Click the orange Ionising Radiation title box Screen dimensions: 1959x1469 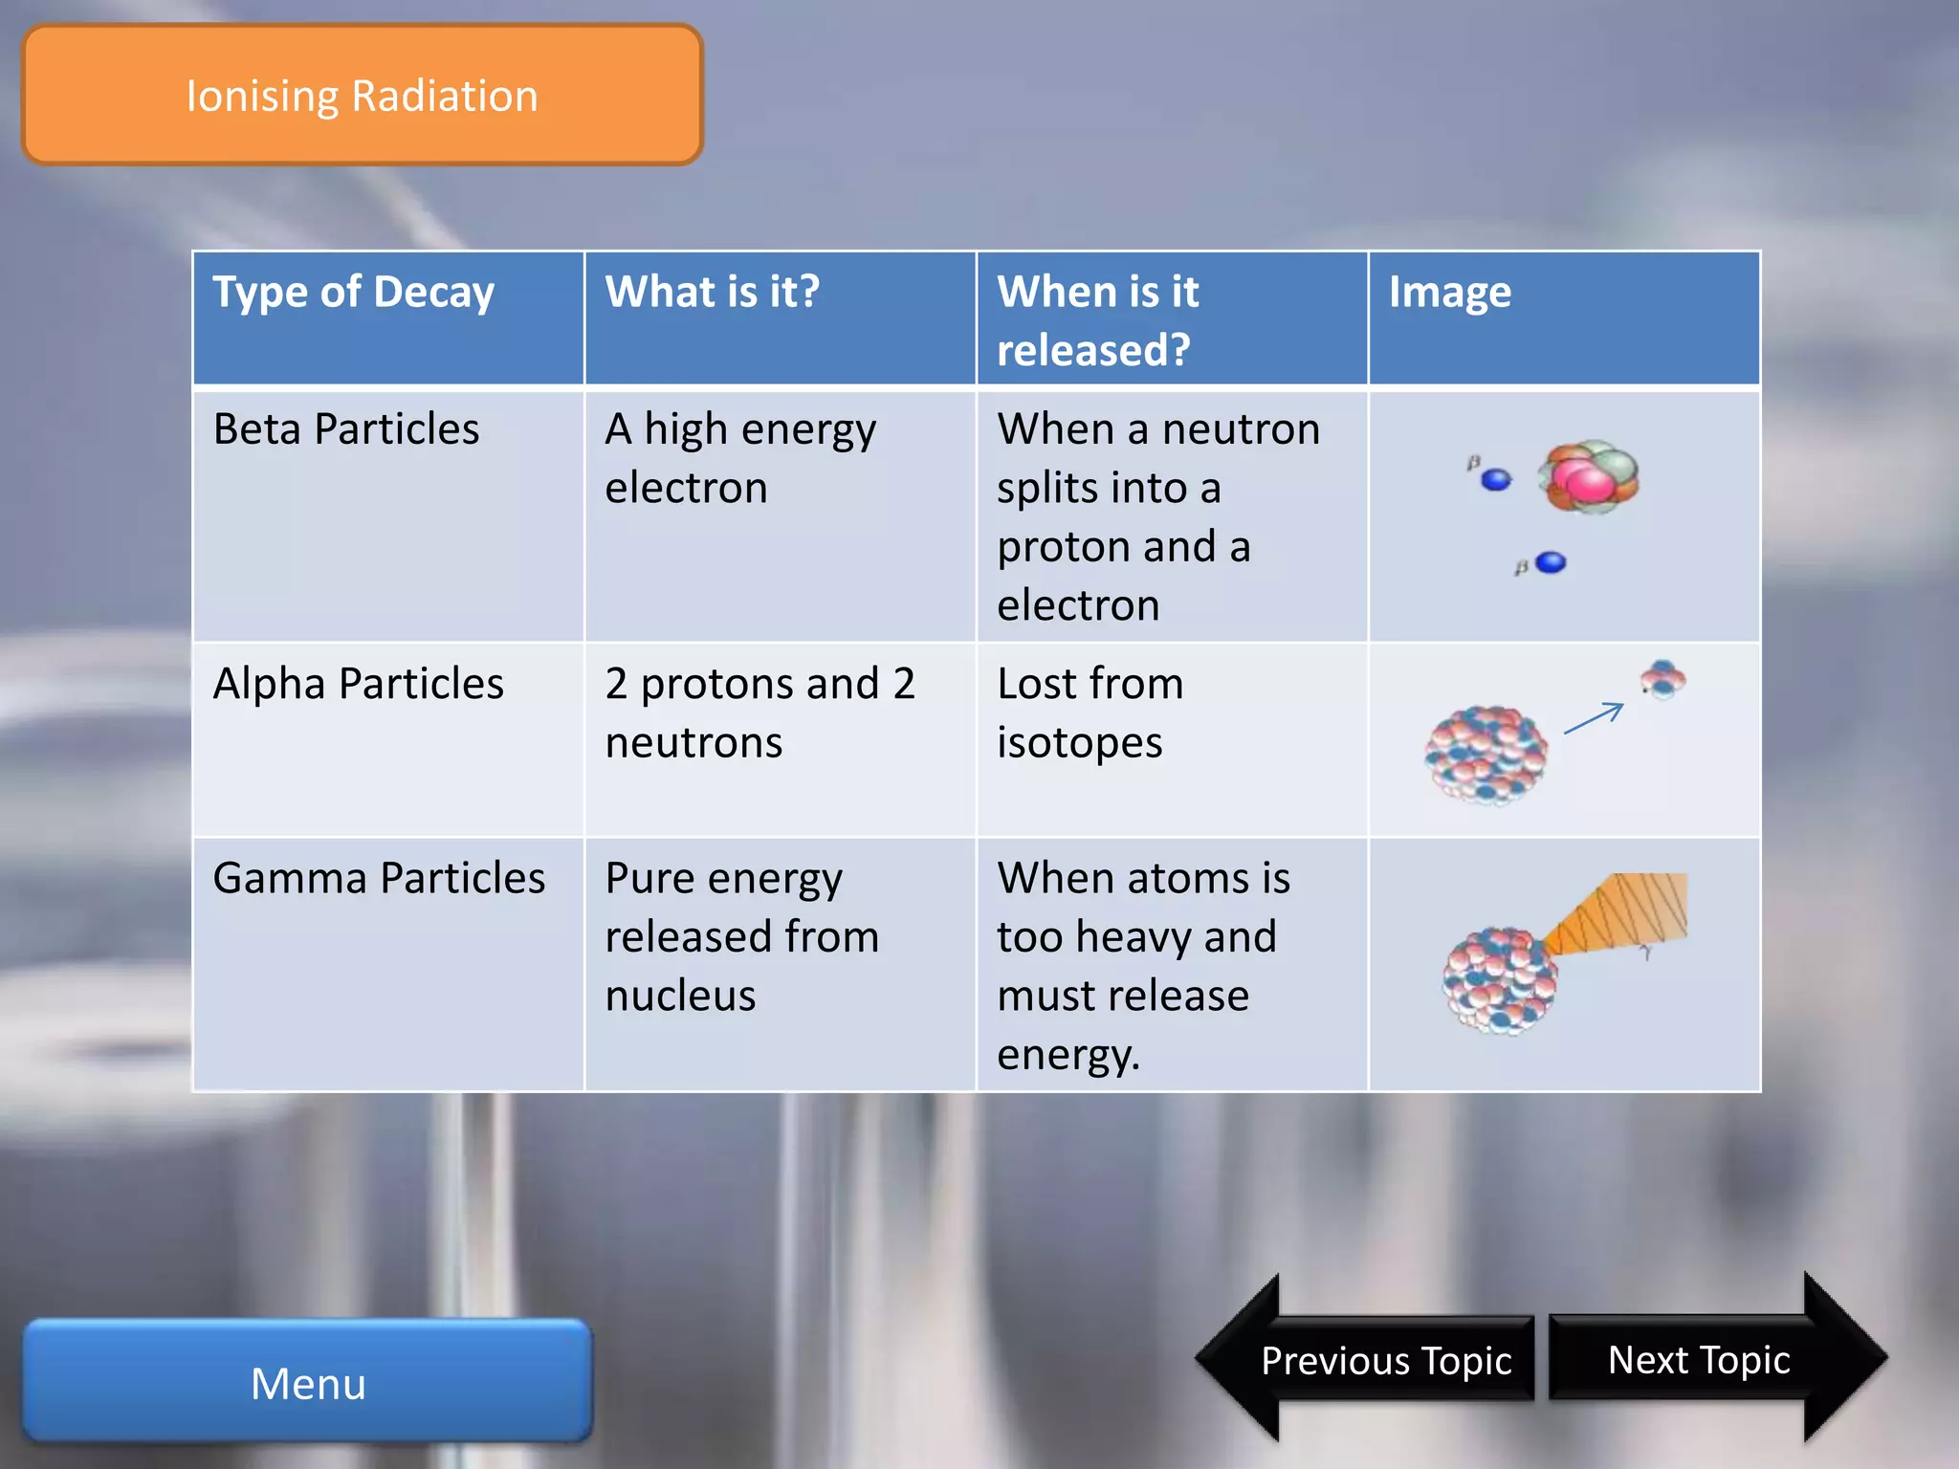point(362,96)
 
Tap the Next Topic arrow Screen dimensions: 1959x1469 point(1712,1359)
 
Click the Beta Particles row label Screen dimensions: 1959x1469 point(346,428)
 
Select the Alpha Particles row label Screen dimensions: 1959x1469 point(359,684)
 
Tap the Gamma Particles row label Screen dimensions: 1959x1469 point(379,878)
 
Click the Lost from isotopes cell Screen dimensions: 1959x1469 point(1090,713)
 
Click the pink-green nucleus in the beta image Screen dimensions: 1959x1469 point(1588,476)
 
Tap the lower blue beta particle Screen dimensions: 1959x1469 point(1550,562)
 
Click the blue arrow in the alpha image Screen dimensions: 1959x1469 point(1594,717)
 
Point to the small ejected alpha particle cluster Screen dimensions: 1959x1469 point(1663,679)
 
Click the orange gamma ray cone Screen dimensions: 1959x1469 point(1626,913)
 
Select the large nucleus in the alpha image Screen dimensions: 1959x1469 point(1486,755)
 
